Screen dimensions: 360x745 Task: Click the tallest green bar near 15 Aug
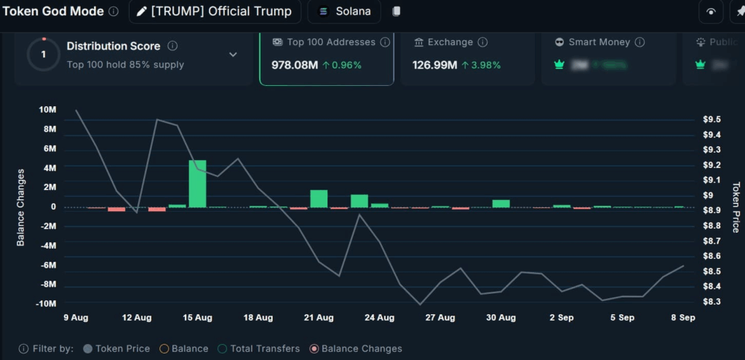[197, 183]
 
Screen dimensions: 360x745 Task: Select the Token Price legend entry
[116, 348]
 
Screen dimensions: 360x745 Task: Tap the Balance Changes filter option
[355, 348]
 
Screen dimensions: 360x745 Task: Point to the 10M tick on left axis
[48, 110]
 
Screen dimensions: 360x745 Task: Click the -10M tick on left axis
[46, 303]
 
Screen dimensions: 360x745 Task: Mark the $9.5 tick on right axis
[712, 119]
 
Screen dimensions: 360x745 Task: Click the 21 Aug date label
[319, 318]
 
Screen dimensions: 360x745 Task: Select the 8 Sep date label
[682, 318]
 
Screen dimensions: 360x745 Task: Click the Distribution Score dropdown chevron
[233, 55]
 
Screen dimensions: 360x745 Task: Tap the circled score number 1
[44, 55]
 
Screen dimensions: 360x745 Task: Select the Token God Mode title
[54, 12]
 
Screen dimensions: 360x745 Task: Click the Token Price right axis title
[736, 207]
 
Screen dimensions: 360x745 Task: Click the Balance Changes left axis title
[20, 207]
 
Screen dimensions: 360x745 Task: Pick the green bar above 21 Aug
[319, 199]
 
